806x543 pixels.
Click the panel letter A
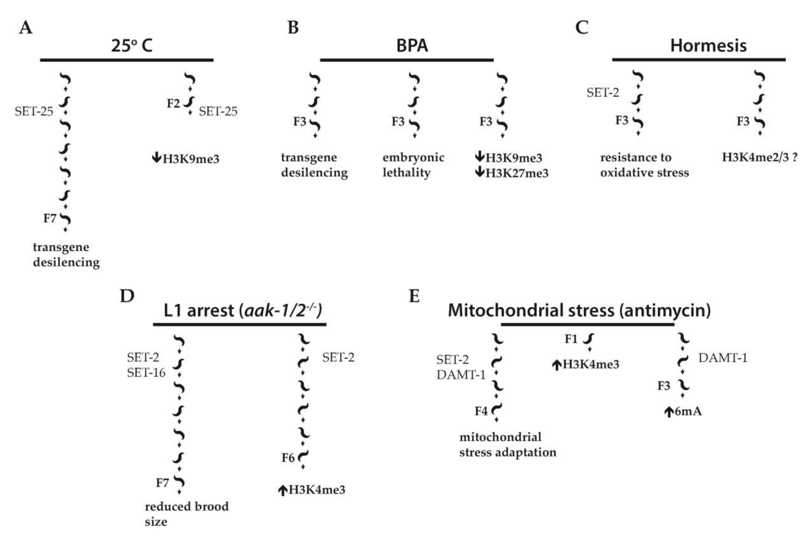[x=26, y=28]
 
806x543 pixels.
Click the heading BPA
[x=412, y=46]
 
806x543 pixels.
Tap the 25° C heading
[x=132, y=46]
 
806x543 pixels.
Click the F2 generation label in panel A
[x=173, y=103]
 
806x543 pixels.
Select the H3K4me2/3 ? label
[x=759, y=158]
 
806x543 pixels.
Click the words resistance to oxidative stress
[x=644, y=165]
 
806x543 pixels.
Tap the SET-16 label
[x=146, y=373]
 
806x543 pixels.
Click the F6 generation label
[x=288, y=458]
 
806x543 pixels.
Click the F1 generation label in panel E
[x=571, y=339]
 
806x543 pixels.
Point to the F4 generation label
[x=481, y=411]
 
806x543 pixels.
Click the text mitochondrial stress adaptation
[x=507, y=445]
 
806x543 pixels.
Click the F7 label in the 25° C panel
[x=49, y=219]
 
